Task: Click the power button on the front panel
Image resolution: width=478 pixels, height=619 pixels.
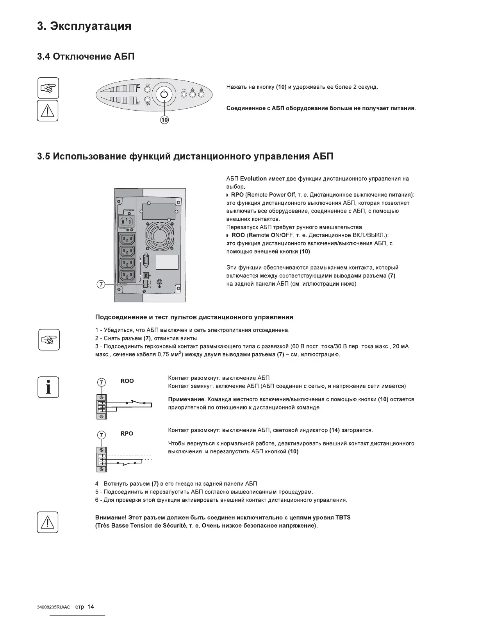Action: tap(164, 95)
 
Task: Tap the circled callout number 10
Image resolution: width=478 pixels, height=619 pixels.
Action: tap(164, 120)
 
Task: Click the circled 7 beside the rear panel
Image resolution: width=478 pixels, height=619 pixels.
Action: tap(100, 284)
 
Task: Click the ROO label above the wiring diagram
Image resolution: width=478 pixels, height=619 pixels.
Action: tap(127, 381)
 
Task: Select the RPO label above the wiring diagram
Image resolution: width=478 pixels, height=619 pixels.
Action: tap(127, 433)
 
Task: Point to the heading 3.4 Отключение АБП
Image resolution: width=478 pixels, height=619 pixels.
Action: tap(86, 57)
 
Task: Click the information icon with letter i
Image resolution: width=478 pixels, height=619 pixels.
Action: tap(48, 387)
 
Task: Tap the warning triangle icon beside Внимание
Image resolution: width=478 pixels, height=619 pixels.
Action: tap(47, 522)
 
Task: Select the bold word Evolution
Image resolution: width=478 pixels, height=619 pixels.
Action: tap(253, 179)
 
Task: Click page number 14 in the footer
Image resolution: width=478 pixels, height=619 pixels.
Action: tap(90, 606)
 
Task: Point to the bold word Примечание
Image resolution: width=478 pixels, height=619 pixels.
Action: tap(187, 399)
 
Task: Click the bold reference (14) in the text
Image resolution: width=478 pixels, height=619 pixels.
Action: tap(334, 430)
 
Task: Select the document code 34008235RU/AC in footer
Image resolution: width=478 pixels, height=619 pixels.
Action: tap(53, 607)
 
